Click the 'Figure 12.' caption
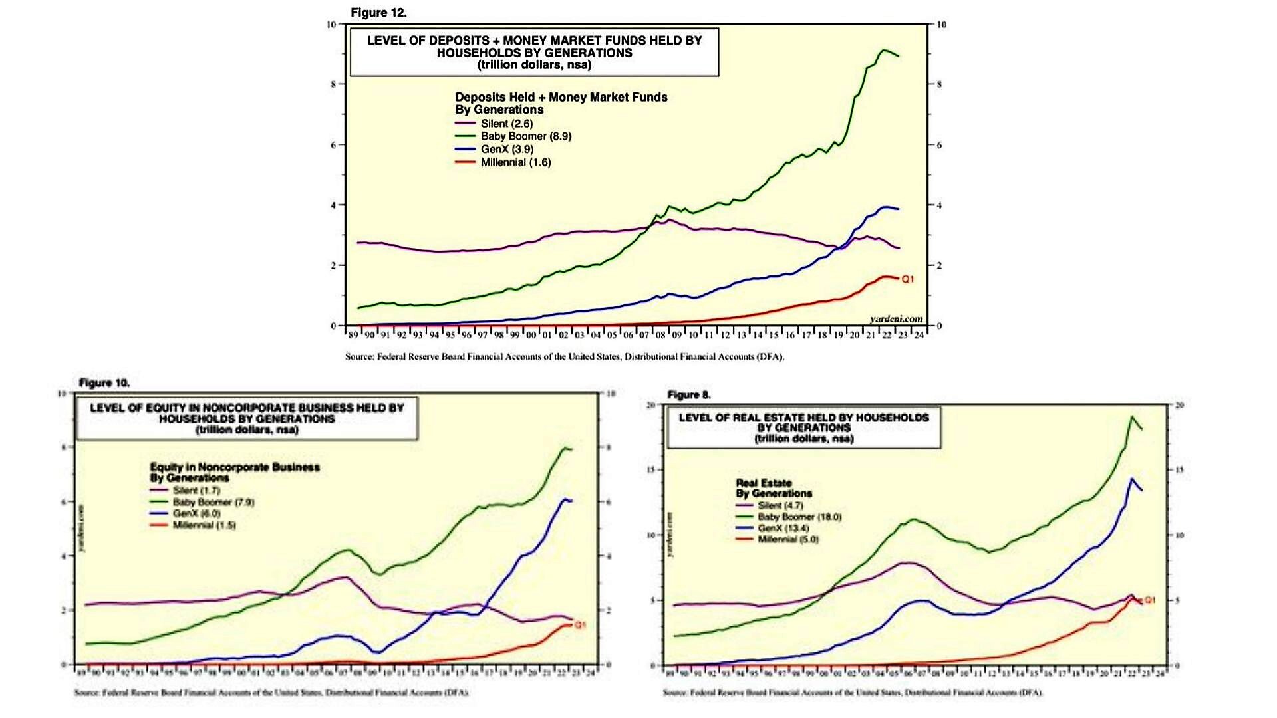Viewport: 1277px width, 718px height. (x=378, y=13)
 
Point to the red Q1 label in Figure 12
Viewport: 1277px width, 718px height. (x=908, y=279)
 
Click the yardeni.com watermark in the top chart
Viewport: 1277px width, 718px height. (x=896, y=319)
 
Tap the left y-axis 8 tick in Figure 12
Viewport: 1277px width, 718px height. (x=334, y=84)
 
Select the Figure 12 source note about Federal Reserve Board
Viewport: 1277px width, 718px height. (x=564, y=357)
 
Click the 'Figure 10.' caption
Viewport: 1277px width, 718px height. (x=104, y=383)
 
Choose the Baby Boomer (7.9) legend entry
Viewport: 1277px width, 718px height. (x=213, y=502)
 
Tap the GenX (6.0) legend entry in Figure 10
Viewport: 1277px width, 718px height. (x=196, y=513)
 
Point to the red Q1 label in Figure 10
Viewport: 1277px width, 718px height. (x=580, y=625)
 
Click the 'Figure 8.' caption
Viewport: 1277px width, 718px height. (x=689, y=395)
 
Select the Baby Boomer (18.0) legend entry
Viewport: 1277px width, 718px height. (x=799, y=517)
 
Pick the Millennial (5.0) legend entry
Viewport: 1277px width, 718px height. (x=788, y=539)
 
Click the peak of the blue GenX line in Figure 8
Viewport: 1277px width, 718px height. (x=1131, y=478)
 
